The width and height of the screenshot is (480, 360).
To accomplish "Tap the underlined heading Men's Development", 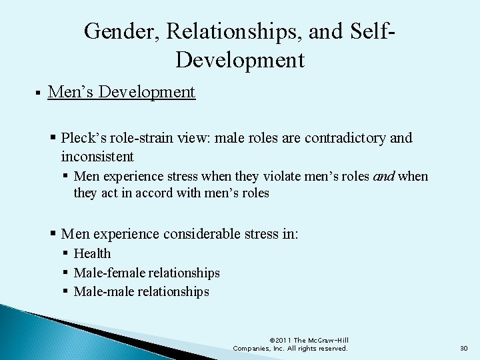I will pyautogui.click(x=121, y=91).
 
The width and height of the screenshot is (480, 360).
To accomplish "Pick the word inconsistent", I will pyautogui.click(x=97, y=157).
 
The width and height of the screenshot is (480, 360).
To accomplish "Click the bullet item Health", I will pyautogui.click(x=93, y=253).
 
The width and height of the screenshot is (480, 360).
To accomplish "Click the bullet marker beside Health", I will pyautogui.click(x=65, y=253).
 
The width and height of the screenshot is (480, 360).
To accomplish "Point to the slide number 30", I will pyautogui.click(x=464, y=348).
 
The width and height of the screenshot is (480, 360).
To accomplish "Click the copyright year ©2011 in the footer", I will pyautogui.click(x=282, y=341).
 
